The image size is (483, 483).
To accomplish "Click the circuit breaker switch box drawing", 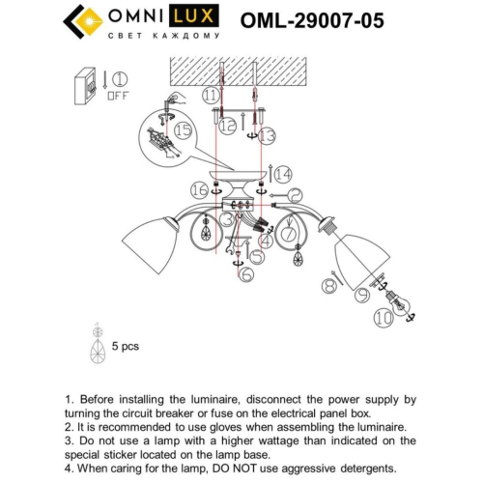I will pyautogui.click(x=88, y=86).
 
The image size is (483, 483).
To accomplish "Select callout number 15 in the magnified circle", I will pyautogui.click(x=183, y=128).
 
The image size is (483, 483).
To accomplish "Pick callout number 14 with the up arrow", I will pyautogui.click(x=282, y=175).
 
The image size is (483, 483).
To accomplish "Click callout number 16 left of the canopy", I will pyautogui.click(x=199, y=189).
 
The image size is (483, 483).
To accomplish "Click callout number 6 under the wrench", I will pyautogui.click(x=246, y=276).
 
